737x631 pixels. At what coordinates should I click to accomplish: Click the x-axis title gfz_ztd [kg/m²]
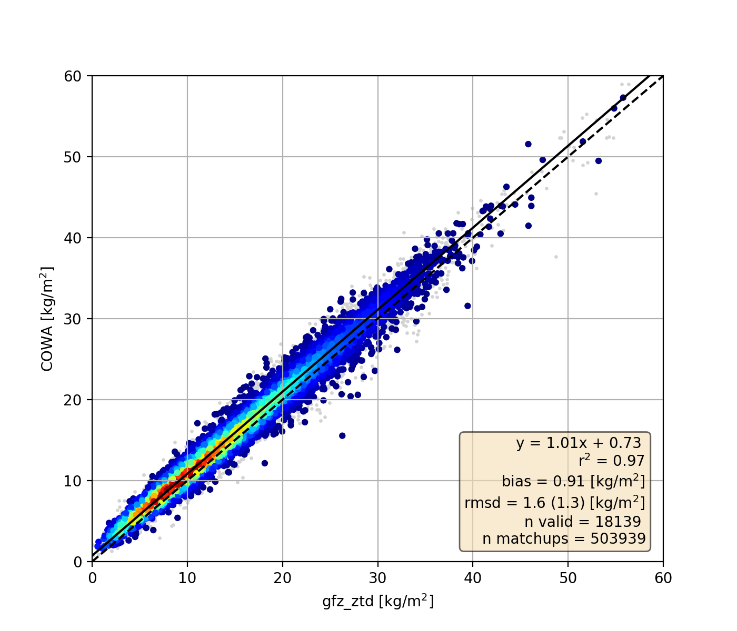[x=378, y=601]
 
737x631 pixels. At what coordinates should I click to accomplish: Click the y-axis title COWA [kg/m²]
[x=47, y=319]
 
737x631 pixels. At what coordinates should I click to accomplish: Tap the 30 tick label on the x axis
[x=377, y=578]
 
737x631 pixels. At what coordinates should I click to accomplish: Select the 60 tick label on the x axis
[x=663, y=578]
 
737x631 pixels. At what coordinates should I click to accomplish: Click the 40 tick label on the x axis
[x=473, y=578]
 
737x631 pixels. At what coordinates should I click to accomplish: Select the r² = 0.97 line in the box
[x=611, y=461]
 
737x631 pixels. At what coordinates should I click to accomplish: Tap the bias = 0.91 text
[x=573, y=481]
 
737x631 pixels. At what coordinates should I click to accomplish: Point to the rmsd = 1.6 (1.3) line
[x=554, y=503]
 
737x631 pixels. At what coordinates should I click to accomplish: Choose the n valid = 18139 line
[x=582, y=522]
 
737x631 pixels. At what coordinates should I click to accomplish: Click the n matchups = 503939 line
[x=564, y=538]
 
